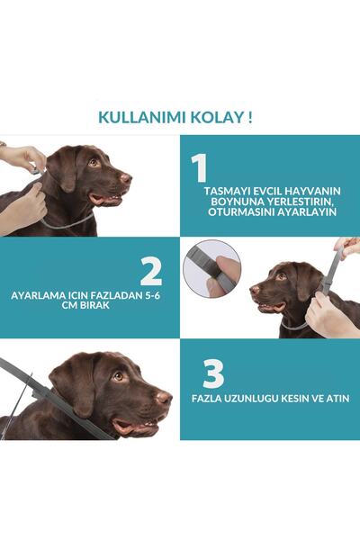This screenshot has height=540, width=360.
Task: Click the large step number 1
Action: [x=200, y=168]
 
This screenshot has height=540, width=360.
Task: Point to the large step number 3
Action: [x=213, y=373]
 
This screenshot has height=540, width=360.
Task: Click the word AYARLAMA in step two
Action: [x=38, y=295]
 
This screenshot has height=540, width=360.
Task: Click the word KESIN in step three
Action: [x=299, y=398]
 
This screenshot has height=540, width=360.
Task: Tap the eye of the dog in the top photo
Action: [x=93, y=162]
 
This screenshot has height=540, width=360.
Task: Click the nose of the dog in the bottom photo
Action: [x=163, y=397]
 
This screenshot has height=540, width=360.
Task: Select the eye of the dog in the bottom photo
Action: [x=118, y=375]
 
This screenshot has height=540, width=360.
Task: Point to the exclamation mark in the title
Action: [x=249, y=116]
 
